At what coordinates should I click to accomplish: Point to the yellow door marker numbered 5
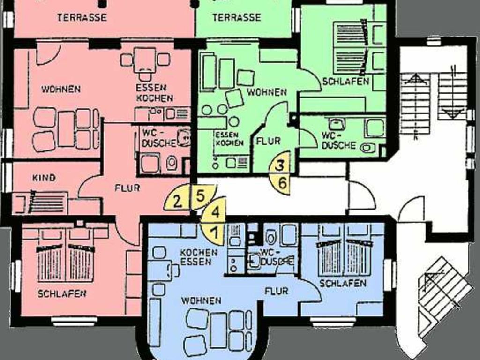tap(202, 196)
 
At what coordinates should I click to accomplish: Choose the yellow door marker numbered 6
tap(282, 183)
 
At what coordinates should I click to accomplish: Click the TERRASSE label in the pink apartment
tap(82, 17)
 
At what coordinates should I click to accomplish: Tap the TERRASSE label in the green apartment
tap(237, 17)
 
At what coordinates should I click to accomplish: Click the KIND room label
tap(44, 178)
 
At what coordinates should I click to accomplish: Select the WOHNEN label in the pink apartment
tap(61, 89)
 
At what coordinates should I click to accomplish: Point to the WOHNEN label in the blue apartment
tap(201, 300)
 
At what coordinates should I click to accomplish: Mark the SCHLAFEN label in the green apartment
tap(345, 81)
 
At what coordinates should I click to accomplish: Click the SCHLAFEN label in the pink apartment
tap(62, 293)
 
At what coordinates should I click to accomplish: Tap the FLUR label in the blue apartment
tap(276, 291)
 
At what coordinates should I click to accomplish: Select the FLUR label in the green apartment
tap(269, 141)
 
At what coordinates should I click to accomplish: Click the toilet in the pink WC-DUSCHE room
tap(172, 163)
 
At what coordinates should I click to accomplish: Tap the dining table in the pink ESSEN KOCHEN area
tap(144, 59)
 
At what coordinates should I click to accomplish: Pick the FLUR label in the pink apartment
tap(127, 187)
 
